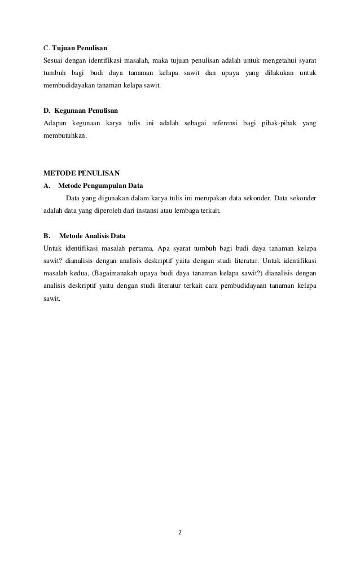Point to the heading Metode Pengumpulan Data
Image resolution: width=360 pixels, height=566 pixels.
coord(101,185)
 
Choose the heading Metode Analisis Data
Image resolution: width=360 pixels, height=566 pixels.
coord(92,234)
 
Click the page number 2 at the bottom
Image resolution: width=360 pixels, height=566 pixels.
coord(181,532)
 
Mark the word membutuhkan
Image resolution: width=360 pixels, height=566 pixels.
coord(65,136)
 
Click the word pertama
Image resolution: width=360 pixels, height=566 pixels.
coord(139,248)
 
